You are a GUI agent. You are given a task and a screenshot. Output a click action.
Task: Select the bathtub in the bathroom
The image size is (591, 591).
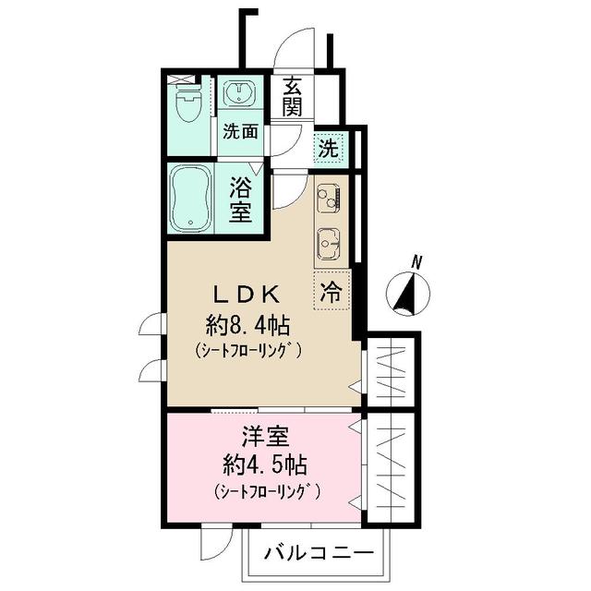192,197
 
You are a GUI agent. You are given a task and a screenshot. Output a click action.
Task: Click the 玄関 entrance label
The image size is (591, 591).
293,95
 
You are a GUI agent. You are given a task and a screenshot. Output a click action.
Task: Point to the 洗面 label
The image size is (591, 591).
242,131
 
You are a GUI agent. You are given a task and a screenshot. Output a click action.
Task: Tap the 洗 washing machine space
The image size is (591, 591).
329,145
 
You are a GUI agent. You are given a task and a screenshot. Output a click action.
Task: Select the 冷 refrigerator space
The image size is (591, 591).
329,292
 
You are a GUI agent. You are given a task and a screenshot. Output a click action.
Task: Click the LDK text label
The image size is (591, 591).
247,295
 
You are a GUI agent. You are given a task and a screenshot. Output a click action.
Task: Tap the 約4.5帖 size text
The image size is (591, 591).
263,464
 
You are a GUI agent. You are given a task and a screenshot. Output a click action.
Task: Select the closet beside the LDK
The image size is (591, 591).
391,372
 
